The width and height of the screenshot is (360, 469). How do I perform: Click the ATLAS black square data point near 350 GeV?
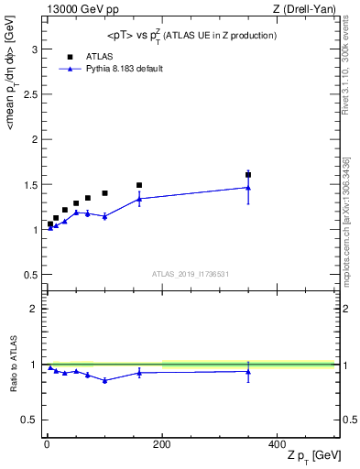pos(248,174)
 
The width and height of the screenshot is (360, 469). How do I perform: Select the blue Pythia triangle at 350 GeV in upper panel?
pos(248,188)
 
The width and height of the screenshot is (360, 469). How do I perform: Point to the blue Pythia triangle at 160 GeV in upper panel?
pos(139,199)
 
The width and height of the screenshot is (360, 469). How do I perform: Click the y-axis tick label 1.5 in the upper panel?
pos(31,184)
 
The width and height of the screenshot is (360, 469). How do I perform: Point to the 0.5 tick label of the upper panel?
pos(31,275)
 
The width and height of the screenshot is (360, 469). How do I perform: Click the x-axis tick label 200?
pos(162,444)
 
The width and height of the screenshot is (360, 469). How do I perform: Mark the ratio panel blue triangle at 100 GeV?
pos(104,380)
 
